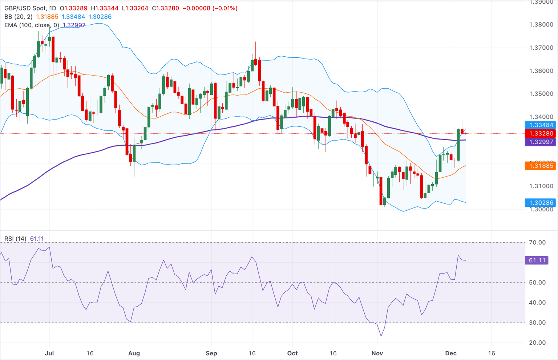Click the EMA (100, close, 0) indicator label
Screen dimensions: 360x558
pos(32,25)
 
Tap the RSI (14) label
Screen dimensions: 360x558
pos(15,239)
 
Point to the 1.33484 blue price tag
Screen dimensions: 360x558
pos(541,125)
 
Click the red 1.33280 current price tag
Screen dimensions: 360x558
pos(541,134)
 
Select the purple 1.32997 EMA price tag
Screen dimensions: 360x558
pos(541,142)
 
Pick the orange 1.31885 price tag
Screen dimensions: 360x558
pos(541,166)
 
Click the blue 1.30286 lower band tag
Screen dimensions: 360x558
pos(541,203)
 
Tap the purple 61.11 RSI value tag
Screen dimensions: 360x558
pos(537,260)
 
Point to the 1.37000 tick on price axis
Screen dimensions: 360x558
pos(541,48)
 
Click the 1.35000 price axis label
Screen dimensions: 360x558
pos(541,94)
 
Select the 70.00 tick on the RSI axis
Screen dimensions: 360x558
pos(537,242)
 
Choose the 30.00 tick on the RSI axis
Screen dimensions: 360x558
pos(537,323)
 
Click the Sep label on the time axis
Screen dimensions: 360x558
pos(211,353)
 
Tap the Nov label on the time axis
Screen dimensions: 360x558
pos(377,353)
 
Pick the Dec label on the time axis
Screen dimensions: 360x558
pos(451,353)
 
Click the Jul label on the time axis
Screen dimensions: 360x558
pos(49,353)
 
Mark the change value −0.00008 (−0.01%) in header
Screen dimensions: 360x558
pos(210,8)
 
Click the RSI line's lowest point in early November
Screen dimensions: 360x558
pos(381,336)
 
